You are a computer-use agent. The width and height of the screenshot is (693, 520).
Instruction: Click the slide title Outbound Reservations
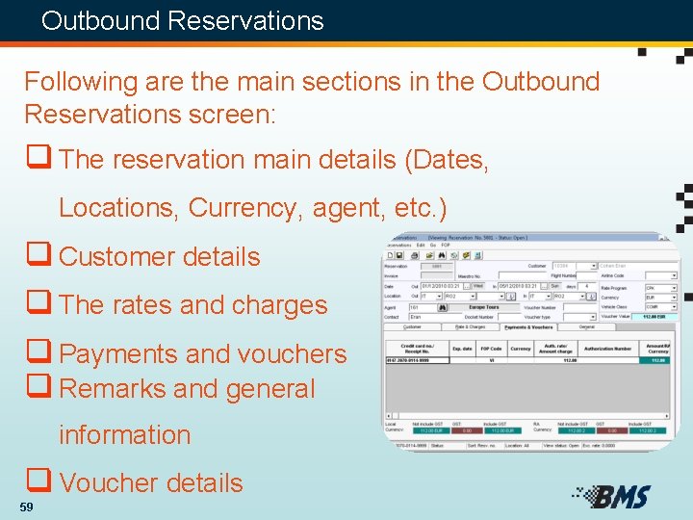tap(183, 20)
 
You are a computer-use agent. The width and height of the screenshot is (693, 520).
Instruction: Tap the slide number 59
tap(26, 507)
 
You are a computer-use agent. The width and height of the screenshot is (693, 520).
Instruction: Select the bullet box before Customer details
tap(38, 256)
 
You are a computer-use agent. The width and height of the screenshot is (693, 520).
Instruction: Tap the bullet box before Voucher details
tap(38, 481)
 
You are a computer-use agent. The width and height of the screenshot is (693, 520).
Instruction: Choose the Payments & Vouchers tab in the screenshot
tap(529, 326)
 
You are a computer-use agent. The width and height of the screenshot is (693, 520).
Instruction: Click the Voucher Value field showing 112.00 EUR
tap(654, 316)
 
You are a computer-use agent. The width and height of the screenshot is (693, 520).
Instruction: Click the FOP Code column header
tap(490, 348)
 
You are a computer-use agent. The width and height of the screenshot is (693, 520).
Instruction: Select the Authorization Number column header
tap(607, 348)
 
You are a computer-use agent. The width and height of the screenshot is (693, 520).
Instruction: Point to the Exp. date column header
tap(461, 348)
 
